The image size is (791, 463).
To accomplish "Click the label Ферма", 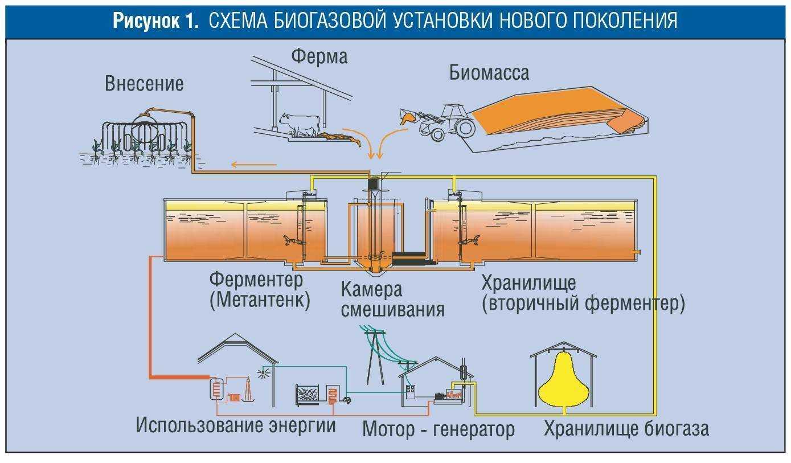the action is pyautogui.click(x=319, y=56).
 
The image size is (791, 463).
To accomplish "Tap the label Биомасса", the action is pyautogui.click(x=489, y=73).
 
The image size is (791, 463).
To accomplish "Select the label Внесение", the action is pyautogui.click(x=144, y=84).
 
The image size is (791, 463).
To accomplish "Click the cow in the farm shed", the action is pyautogui.click(x=300, y=124).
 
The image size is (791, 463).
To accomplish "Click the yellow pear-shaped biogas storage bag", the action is pyautogui.click(x=564, y=380).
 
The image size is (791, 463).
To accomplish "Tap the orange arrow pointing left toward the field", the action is pyautogui.click(x=253, y=165).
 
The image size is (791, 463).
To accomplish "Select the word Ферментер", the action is pyautogui.click(x=256, y=280).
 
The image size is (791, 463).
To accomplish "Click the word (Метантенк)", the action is pyautogui.click(x=260, y=301).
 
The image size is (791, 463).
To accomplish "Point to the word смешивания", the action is pyautogui.click(x=392, y=310).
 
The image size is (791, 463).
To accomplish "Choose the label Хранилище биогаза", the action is pyautogui.click(x=626, y=429).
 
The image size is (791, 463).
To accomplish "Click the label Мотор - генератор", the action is pyautogui.click(x=438, y=429).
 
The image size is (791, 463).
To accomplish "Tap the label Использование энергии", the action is pyautogui.click(x=236, y=425).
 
